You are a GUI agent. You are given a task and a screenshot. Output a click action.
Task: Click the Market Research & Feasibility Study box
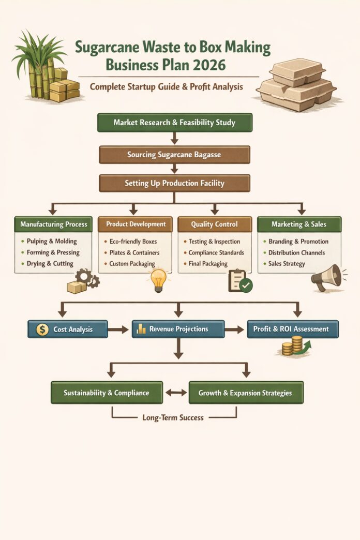[174, 123]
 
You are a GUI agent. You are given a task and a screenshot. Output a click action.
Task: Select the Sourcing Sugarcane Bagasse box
[174, 154]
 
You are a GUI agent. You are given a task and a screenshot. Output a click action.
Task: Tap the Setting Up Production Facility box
[174, 183]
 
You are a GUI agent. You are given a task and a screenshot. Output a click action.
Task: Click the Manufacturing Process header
[54, 224]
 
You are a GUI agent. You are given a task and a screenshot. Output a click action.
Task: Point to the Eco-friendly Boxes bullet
[133, 242]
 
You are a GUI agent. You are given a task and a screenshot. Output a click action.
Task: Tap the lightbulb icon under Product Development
[159, 280]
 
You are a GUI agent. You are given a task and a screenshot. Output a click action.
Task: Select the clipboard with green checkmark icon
[239, 281]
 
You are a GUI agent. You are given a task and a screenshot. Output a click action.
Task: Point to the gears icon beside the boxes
[87, 278]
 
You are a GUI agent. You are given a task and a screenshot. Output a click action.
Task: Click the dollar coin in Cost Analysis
[43, 329]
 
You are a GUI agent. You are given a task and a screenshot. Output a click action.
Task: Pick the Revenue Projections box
[178, 329]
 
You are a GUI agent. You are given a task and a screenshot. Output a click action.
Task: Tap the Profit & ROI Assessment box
[292, 329]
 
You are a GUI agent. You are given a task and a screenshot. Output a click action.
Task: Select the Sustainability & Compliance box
[107, 393]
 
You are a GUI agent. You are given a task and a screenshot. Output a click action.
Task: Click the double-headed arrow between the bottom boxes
[176, 393]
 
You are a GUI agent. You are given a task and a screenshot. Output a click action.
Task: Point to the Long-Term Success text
[173, 417]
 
